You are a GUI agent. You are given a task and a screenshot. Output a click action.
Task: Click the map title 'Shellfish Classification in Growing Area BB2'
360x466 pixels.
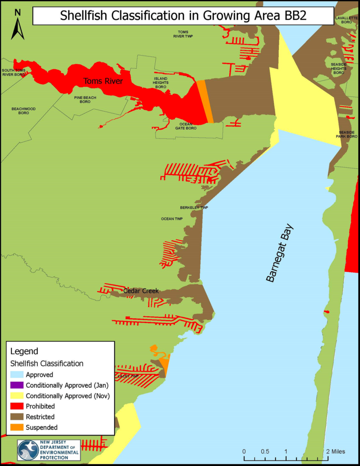183,16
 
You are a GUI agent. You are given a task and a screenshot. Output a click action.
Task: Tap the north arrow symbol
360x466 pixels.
18,25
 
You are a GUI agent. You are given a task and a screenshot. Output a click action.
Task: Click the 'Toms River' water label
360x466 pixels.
103,81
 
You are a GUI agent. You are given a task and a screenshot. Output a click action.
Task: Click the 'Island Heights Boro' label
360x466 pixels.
161,82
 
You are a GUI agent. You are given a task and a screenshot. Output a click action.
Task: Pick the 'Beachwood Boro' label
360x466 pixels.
24,111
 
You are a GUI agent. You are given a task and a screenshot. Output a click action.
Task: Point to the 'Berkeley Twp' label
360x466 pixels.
194,208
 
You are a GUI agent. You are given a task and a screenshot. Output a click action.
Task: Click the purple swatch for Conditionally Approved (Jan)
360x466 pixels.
17,385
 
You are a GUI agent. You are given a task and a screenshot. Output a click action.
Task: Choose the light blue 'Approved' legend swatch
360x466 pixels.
17,375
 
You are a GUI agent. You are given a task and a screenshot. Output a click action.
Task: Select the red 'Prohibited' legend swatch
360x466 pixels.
17,406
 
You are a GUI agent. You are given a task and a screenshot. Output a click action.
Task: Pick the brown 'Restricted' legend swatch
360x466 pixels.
17,417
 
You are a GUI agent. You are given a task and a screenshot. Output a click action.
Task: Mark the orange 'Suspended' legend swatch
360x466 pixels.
17,427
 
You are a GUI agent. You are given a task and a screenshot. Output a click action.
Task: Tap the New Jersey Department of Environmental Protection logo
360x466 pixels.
49,450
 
